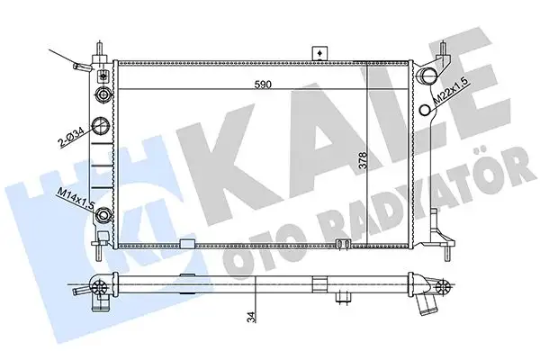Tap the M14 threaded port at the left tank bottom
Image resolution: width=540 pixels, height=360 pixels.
click(105, 215)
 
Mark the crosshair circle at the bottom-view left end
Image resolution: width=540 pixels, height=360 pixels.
click(101, 288)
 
